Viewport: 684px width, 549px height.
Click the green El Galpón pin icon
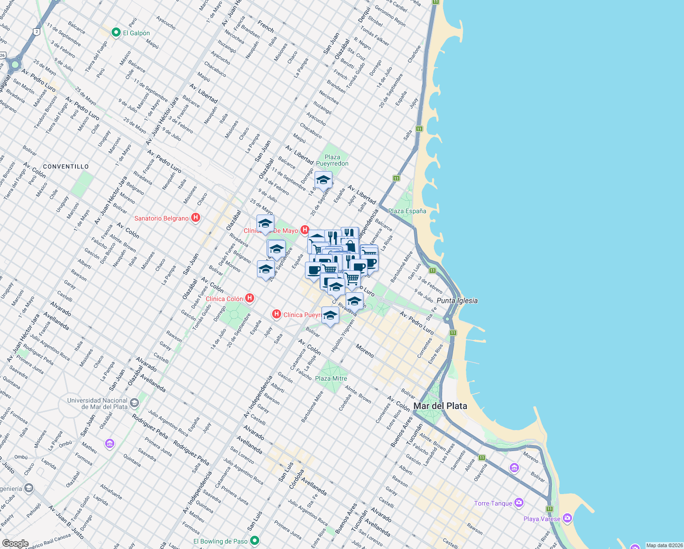click(116, 32)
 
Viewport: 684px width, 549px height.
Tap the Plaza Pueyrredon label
click(332, 160)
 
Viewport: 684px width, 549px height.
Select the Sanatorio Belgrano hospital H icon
click(196, 218)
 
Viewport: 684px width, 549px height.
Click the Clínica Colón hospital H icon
click(250, 298)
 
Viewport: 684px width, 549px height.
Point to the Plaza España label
click(407, 211)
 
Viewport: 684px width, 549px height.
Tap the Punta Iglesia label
click(457, 301)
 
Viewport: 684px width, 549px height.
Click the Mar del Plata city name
click(440, 406)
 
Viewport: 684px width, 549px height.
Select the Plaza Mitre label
click(331, 378)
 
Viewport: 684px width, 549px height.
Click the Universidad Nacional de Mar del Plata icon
click(134, 403)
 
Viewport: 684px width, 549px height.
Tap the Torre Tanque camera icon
click(518, 503)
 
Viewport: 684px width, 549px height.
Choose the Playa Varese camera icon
click(567, 518)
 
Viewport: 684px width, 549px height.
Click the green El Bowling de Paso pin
click(255, 541)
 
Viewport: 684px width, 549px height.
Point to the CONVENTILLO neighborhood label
click(66, 167)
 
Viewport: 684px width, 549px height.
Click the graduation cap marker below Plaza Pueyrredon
click(323, 180)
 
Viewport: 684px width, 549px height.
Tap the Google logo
click(15, 544)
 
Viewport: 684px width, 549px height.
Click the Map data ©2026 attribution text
click(664, 545)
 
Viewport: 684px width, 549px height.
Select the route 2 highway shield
click(36, 32)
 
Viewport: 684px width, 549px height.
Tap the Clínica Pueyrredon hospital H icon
click(276, 314)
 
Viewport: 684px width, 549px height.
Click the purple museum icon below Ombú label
click(109, 444)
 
